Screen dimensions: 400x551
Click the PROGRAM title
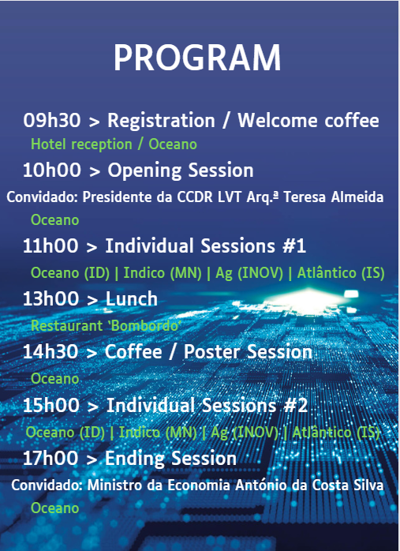pos(197,58)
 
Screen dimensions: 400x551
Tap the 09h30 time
pos(52,120)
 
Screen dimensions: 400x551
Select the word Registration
pos(161,122)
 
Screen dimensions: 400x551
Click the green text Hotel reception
pos(81,144)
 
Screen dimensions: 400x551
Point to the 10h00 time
pos(52,170)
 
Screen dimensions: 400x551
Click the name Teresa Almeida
pos(333,197)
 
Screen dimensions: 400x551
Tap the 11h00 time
pos(50,246)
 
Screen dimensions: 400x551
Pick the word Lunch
pos(132,298)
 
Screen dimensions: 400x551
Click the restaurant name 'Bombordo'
pos(144,326)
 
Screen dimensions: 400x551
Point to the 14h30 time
pos(50,352)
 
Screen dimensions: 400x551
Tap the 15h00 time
pos(51,405)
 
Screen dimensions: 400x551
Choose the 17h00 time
pos(50,459)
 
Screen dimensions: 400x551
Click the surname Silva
pos(370,485)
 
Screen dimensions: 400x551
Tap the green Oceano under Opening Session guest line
pos(55,220)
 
